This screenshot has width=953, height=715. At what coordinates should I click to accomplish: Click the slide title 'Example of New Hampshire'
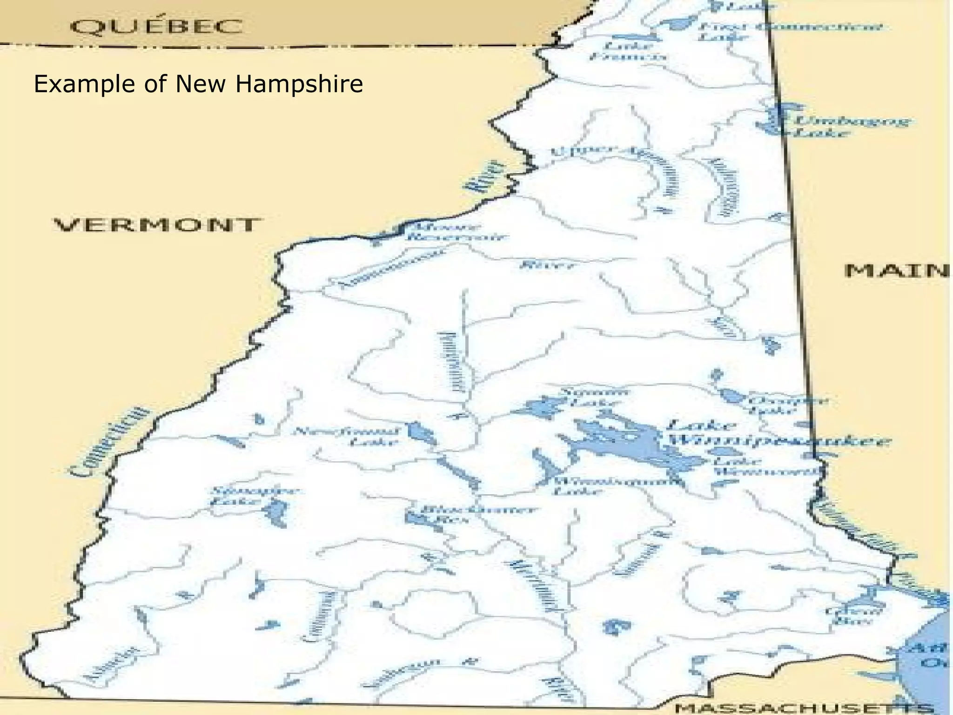(x=198, y=84)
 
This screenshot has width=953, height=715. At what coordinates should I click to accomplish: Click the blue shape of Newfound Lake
(x=421, y=432)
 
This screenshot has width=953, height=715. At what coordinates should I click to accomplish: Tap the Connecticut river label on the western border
(x=111, y=442)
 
